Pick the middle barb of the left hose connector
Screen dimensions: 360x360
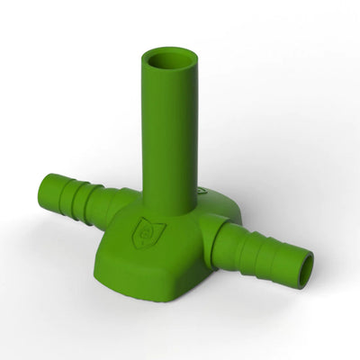coord(76,194)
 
